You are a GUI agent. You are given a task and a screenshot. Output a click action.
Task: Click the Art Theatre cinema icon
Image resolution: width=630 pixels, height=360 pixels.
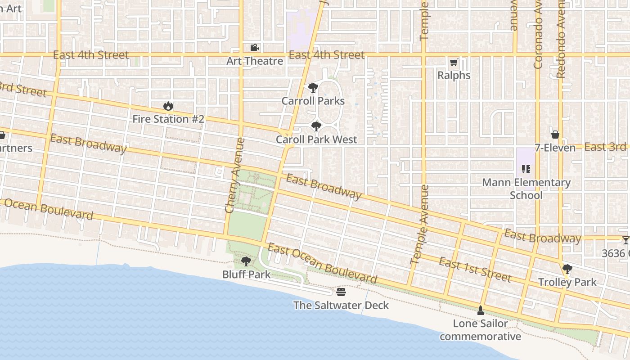pyautogui.click(x=254, y=48)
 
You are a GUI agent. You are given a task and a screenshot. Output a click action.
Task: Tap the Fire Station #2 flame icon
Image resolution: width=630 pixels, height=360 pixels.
pyautogui.click(x=168, y=106)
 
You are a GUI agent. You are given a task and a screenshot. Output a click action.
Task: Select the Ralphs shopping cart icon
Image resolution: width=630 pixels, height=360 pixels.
pyautogui.click(x=454, y=63)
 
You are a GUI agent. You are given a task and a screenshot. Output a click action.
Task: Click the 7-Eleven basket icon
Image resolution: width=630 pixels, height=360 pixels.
pyautogui.click(x=555, y=135)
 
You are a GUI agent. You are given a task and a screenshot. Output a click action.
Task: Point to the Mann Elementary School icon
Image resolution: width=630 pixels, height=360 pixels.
pyautogui.click(x=526, y=169)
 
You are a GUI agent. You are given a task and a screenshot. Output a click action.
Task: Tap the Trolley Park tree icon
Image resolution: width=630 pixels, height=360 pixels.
pyautogui.click(x=567, y=269)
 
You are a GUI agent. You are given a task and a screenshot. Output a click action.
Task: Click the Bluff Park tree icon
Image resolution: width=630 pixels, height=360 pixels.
pyautogui.click(x=246, y=261)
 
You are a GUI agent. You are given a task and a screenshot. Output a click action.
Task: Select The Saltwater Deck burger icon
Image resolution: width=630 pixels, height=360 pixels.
pyautogui.click(x=341, y=292)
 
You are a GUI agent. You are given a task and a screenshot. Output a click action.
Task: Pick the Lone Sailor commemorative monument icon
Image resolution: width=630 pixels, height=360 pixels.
pyautogui.click(x=480, y=310)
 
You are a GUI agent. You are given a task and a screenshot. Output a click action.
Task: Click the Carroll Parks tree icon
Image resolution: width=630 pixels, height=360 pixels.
pyautogui.click(x=313, y=88)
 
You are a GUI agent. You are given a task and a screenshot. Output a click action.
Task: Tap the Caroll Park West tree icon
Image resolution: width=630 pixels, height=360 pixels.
pyautogui.click(x=316, y=126)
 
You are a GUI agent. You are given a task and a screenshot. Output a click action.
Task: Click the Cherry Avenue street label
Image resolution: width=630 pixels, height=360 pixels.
pyautogui.click(x=235, y=175)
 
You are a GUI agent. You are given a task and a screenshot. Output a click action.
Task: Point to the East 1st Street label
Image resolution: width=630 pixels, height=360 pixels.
pyautogui.click(x=475, y=270)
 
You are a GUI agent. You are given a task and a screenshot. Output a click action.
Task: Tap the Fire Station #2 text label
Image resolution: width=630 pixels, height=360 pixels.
pyautogui.click(x=168, y=119)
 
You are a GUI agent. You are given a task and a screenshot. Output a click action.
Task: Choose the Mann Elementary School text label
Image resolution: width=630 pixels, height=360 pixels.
pyautogui.click(x=526, y=189)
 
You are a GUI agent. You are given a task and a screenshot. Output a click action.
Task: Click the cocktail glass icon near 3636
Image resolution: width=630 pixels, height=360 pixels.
pyautogui.click(x=625, y=240)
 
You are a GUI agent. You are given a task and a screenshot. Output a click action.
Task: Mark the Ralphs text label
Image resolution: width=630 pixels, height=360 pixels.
pyautogui.click(x=454, y=76)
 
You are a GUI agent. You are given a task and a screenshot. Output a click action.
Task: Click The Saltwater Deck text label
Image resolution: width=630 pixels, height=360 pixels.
pyautogui.click(x=341, y=306)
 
